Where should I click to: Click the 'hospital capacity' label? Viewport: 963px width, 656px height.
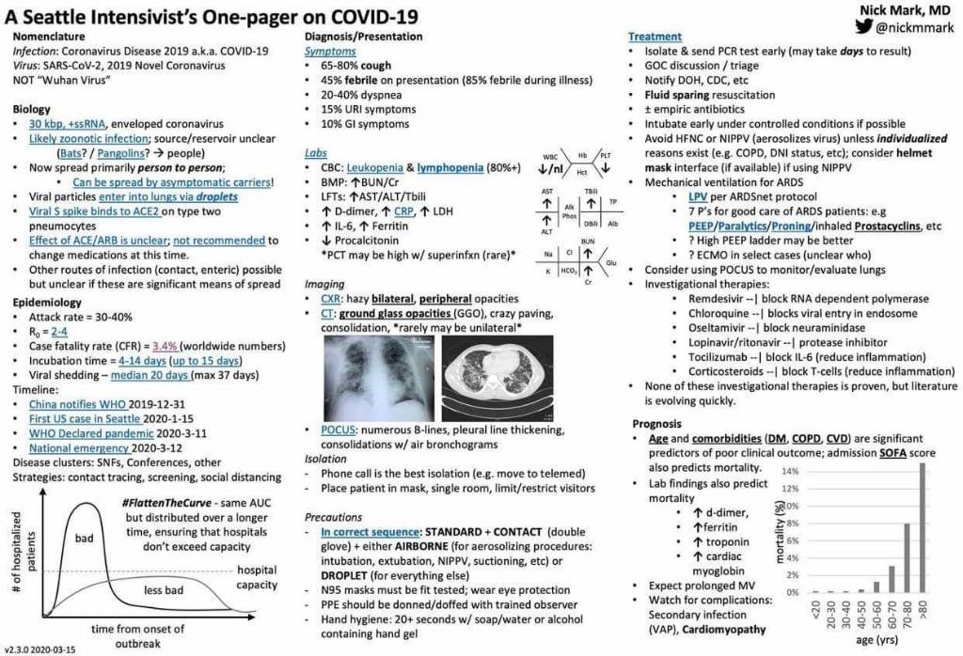[x=257, y=577]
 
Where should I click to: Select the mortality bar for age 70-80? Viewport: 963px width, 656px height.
[x=908, y=558]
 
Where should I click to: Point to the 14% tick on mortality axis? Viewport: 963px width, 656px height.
[x=792, y=470]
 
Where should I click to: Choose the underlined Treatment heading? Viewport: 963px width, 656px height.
[x=655, y=36]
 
